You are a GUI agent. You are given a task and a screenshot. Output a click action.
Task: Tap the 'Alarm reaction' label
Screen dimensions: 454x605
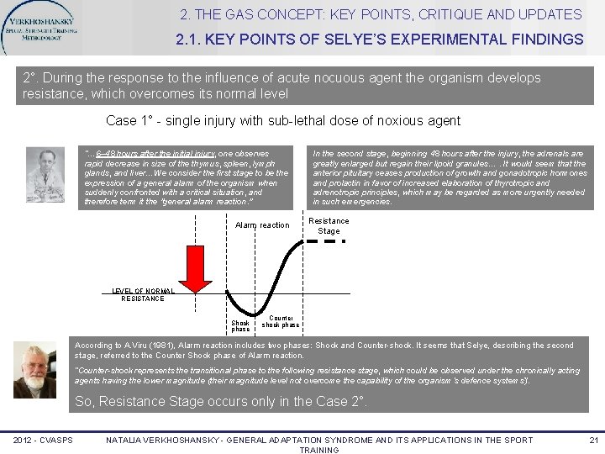click(x=262, y=225)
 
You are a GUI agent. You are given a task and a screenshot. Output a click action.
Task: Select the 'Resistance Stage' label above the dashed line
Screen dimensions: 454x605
click(x=329, y=225)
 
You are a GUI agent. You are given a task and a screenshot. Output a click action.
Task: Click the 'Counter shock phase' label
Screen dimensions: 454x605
click(x=280, y=322)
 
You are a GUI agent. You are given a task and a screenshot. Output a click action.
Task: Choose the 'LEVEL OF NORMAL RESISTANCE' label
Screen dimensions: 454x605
click(x=143, y=295)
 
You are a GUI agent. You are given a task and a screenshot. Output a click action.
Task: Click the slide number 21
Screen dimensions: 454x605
click(x=593, y=440)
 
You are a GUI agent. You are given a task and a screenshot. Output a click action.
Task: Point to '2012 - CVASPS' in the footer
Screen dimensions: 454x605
click(x=42, y=440)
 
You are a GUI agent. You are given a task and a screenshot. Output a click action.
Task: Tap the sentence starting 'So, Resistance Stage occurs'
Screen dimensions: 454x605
click(x=221, y=401)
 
